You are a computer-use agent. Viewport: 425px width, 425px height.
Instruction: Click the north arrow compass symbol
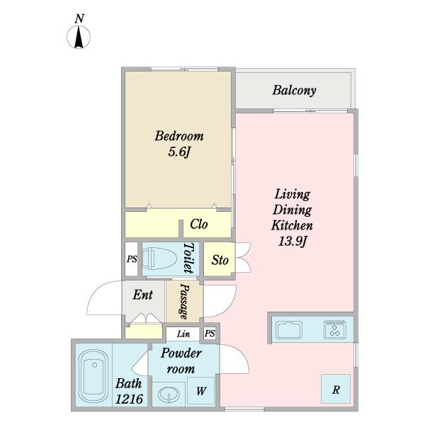click(79, 37)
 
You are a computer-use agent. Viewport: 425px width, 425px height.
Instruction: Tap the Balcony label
click(294, 91)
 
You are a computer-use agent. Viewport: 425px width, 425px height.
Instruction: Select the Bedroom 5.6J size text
click(178, 152)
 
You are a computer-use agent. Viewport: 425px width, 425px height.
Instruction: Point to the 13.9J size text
click(293, 242)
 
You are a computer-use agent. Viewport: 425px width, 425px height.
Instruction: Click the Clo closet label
click(199, 225)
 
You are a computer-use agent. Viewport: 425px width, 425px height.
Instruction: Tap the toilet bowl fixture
click(159, 259)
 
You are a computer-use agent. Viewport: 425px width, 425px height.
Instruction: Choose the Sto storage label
click(220, 260)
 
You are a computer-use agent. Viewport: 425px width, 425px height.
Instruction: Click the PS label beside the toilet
click(132, 259)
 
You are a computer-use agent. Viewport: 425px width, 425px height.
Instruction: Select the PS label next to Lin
click(210, 333)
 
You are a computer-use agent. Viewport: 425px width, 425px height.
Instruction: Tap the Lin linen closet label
click(183, 334)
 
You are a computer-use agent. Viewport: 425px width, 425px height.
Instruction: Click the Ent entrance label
click(143, 295)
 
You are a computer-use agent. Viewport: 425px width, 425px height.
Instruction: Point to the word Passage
click(184, 301)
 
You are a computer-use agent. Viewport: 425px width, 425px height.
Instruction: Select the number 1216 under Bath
click(129, 399)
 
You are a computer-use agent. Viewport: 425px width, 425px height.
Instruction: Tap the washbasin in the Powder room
click(169, 395)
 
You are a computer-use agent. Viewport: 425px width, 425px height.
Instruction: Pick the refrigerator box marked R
click(336, 389)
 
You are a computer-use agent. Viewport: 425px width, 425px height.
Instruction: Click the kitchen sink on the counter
click(289, 330)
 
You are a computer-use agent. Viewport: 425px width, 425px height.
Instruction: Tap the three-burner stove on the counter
click(335, 330)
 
